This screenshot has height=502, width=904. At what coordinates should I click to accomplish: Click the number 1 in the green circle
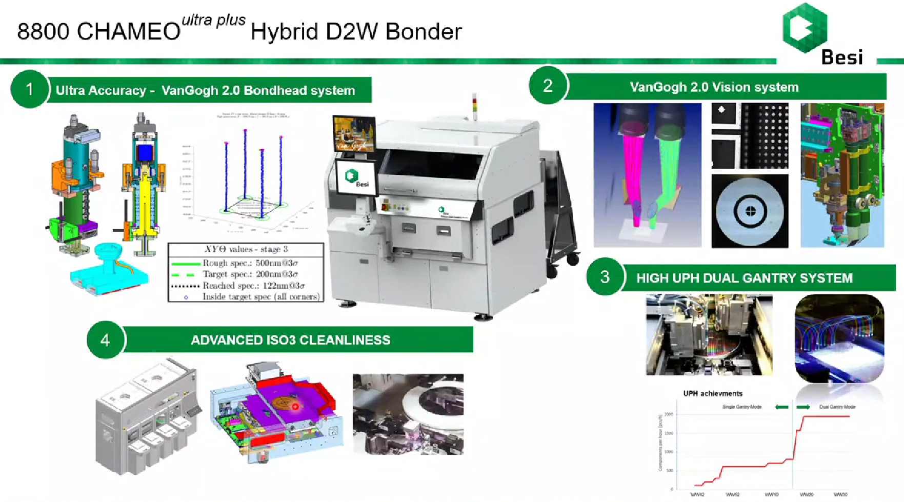coord(29,89)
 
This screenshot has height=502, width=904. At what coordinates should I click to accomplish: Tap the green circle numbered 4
coord(105,340)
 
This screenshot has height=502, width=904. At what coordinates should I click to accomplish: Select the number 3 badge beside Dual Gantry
coord(605,277)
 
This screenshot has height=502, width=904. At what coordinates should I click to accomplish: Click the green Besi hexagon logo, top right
coord(805,28)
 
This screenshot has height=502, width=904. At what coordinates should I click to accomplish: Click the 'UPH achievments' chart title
coord(713,393)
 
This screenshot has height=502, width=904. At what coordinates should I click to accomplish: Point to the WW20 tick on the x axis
coord(807,494)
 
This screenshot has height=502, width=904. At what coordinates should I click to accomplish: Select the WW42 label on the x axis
coord(697,494)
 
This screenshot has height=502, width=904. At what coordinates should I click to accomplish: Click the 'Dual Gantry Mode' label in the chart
coord(837,407)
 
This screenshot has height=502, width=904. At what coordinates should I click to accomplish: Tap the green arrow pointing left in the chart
coord(781,407)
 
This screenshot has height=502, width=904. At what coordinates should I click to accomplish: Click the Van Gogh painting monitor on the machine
coord(354,134)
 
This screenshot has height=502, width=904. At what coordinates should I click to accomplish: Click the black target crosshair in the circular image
coord(750,211)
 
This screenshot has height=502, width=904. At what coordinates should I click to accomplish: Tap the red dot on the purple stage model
coord(295,407)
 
